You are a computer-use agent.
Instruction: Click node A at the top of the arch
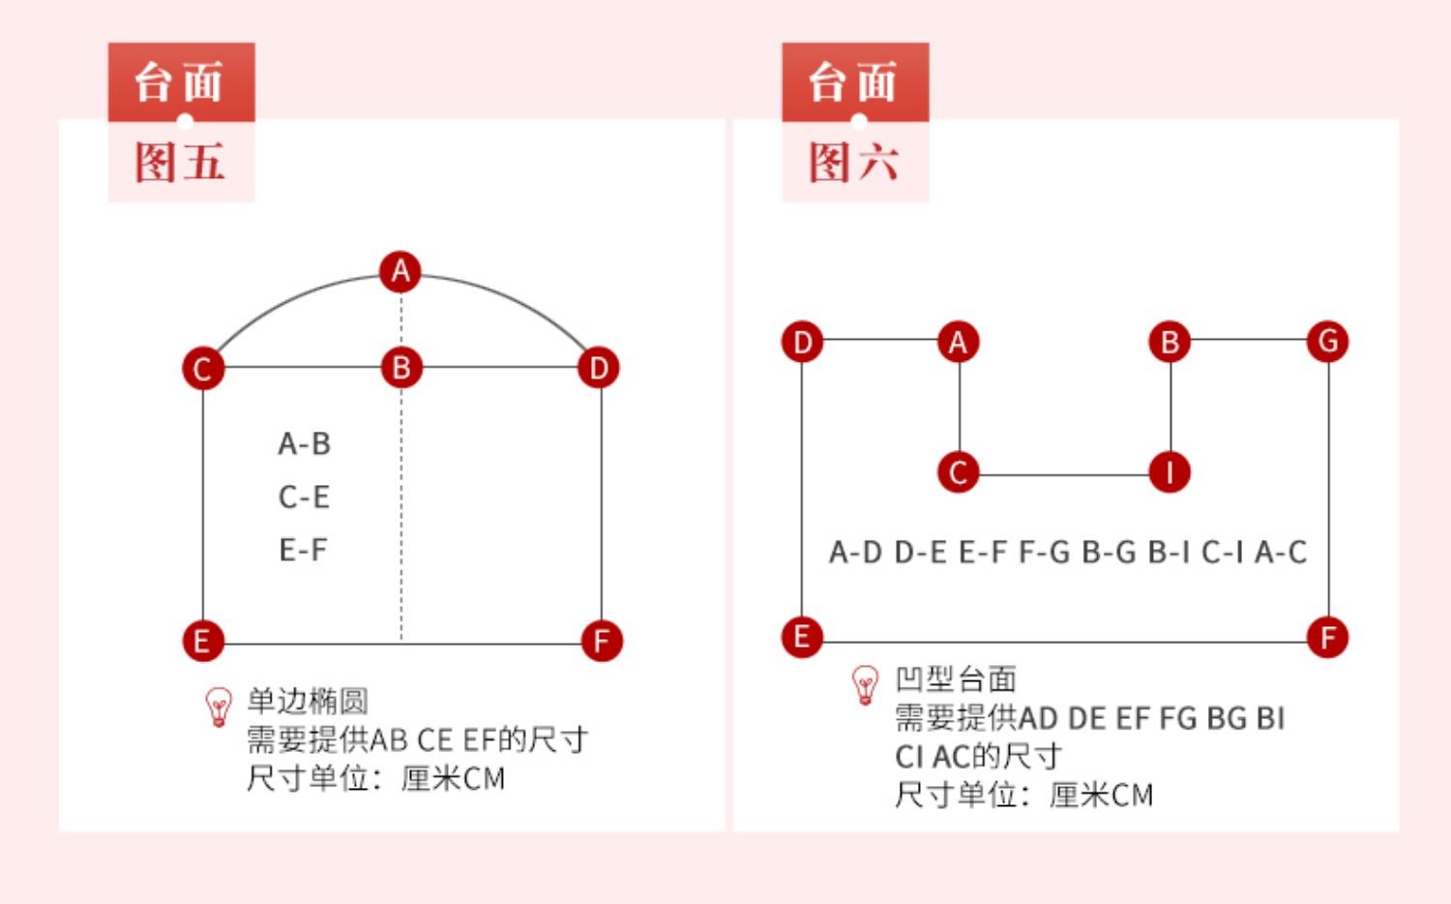tap(400, 272)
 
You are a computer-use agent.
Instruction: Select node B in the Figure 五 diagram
tap(401, 368)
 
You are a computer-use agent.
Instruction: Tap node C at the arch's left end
tap(202, 369)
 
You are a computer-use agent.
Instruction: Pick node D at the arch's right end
tap(599, 368)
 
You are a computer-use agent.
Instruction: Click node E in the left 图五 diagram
tap(202, 641)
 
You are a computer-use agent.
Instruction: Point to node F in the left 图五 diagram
tap(601, 641)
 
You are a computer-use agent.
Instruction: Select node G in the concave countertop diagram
tap(1327, 341)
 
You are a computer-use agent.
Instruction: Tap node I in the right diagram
tap(1170, 472)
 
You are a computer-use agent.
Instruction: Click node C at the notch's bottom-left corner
tap(958, 472)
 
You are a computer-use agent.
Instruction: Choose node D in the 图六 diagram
tap(802, 342)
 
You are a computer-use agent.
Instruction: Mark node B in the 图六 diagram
tap(1170, 342)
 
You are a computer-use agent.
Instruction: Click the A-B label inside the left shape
tap(305, 444)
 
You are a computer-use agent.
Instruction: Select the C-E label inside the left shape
tap(305, 497)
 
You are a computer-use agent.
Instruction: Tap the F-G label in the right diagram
tap(1044, 553)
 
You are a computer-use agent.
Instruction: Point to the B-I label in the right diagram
tap(1169, 553)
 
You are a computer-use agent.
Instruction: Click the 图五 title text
tap(180, 163)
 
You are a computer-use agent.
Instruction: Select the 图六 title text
tap(854, 163)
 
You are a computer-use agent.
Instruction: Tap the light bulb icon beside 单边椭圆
tap(220, 707)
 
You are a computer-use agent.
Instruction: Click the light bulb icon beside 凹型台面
tap(865, 685)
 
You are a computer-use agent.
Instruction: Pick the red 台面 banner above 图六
tap(855, 82)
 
